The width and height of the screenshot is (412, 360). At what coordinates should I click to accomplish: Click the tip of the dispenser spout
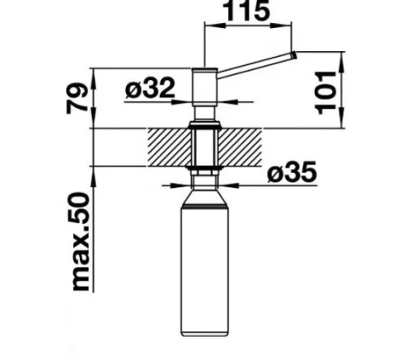[293, 55]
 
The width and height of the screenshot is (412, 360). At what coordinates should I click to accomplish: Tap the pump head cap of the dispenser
[204, 83]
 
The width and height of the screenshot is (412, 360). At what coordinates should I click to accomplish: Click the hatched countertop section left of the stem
[170, 147]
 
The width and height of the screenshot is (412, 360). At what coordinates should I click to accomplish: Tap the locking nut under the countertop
[204, 171]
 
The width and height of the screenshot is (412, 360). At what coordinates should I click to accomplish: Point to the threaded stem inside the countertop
[204, 148]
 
